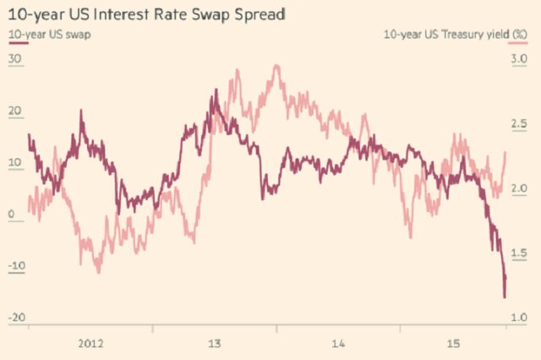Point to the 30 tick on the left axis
click(14, 59)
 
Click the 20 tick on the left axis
click(14, 111)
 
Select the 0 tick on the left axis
click(12, 214)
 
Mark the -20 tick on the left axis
click(17, 317)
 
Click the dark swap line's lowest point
click(505, 297)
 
